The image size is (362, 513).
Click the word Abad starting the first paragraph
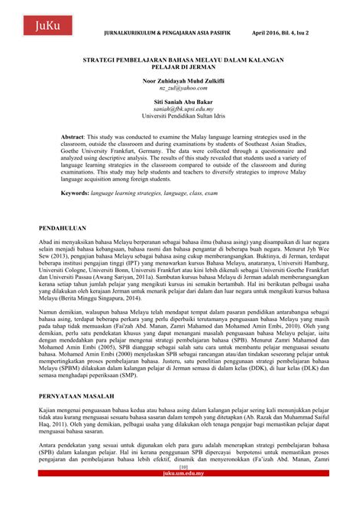47,242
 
